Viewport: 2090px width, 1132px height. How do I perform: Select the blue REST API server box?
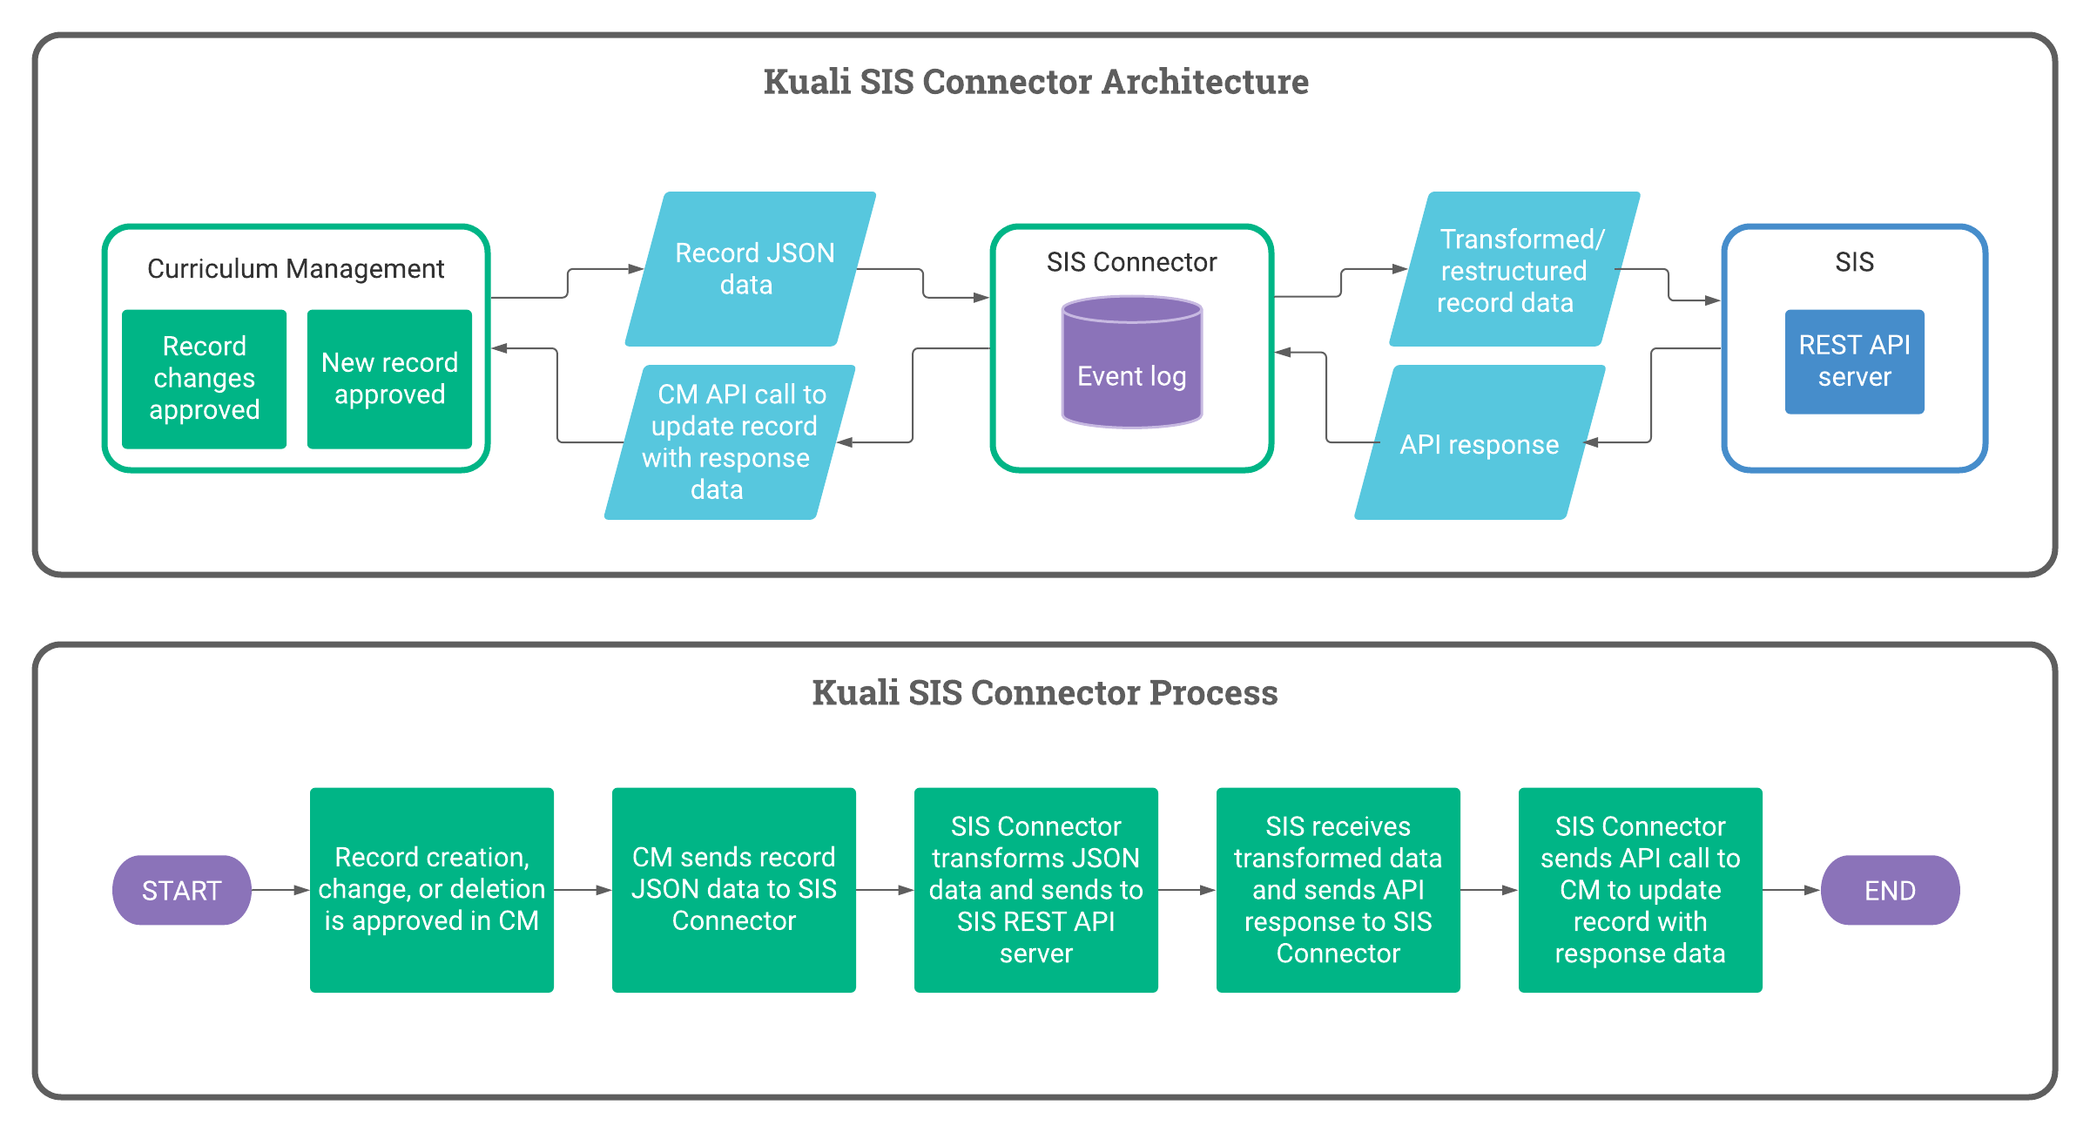(1854, 361)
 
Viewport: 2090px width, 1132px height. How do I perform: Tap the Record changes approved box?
(205, 379)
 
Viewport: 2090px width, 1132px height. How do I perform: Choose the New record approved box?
(389, 379)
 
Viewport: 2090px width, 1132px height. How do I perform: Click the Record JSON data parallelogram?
(751, 269)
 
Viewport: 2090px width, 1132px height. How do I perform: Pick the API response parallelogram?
(1480, 443)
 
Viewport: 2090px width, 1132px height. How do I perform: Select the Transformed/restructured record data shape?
(1514, 270)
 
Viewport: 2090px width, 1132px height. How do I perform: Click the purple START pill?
(182, 890)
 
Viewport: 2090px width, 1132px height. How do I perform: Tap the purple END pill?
(1890, 890)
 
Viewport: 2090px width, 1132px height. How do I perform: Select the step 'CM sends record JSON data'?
(733, 889)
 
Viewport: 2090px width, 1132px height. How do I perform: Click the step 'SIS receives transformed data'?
(1338, 889)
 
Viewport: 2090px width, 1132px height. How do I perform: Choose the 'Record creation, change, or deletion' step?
(432, 889)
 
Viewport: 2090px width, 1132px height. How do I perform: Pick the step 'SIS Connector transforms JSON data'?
(1035, 889)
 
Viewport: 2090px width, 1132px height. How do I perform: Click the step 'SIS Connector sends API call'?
(1640, 889)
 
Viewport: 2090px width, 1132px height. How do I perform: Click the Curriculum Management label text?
(295, 269)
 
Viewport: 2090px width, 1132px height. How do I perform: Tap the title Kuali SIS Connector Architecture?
(1035, 82)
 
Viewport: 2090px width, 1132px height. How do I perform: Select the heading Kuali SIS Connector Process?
(1044, 693)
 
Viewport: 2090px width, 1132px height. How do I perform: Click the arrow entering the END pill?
(1791, 890)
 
